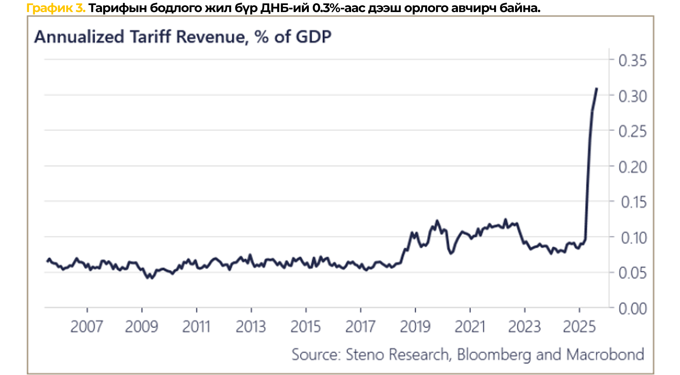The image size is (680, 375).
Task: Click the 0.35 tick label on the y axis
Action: [x=632, y=61]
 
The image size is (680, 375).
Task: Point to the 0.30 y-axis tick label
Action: [x=632, y=96]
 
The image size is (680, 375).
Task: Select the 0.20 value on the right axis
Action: [x=632, y=167]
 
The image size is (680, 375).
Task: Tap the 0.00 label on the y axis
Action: [x=632, y=309]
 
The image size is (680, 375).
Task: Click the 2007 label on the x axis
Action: [x=86, y=327]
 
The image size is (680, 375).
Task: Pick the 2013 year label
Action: [x=251, y=327]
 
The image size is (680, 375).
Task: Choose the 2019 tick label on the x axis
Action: [x=415, y=327]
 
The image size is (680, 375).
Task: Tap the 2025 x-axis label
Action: [x=579, y=327]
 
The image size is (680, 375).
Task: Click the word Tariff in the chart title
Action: [x=150, y=37]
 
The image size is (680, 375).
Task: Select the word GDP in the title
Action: [x=313, y=37]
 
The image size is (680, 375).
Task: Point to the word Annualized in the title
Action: [x=79, y=37]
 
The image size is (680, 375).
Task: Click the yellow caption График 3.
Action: [x=56, y=8]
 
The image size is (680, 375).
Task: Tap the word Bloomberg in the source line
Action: [x=494, y=355]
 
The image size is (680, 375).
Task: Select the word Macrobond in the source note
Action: [x=605, y=355]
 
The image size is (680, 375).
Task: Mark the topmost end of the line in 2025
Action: [x=597, y=89]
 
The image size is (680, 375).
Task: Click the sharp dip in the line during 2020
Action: [x=451, y=253]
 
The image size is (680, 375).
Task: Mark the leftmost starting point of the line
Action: [x=48, y=261]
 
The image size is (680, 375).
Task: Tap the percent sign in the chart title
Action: [x=261, y=37]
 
